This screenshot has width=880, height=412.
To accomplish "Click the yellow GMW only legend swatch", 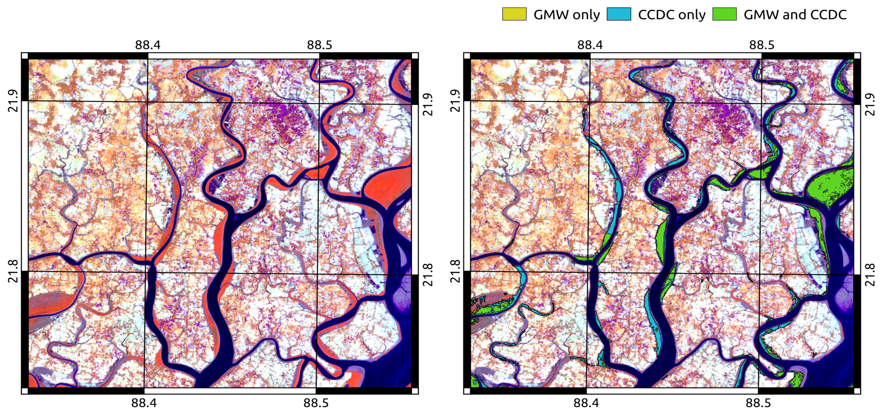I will pos(514,14).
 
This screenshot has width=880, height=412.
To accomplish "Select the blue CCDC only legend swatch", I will pos(619,14).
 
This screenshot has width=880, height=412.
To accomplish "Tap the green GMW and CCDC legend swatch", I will pos(724,14).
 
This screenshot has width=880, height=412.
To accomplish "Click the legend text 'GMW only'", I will pos(567,15).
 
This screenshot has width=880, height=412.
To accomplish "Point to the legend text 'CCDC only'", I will pos(671,15).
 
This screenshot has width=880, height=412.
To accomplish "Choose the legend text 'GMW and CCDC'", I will pos(795,15).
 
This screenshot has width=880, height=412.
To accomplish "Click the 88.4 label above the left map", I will pos(147,45).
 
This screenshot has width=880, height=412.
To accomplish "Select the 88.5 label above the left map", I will pos(319,45).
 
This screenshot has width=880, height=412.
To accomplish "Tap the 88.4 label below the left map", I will pos(144,403).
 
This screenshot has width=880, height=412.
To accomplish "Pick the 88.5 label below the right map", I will pos(758,403).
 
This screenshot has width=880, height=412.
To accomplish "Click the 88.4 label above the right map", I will pos(590,45).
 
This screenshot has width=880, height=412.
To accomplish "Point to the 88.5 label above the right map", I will pos(762,45).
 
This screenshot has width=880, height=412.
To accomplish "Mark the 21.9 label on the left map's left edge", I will pos(13,101).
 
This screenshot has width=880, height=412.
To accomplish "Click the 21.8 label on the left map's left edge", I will pos(13,271).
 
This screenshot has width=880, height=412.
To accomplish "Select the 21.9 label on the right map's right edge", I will pos(870,104).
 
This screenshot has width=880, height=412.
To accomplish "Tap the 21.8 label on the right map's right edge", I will pos(870,275).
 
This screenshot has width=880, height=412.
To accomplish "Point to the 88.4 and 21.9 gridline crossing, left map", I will pos(147,101).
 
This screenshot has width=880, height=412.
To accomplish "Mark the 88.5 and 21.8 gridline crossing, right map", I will pos(759,274).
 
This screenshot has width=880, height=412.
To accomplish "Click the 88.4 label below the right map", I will pos(586,403).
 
